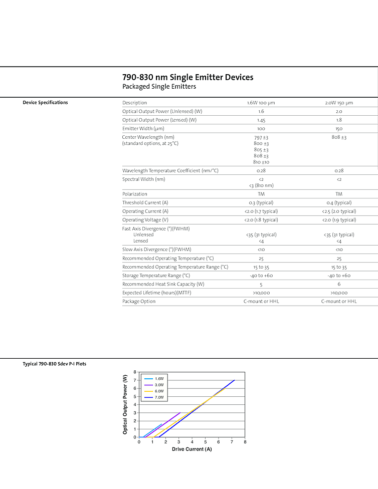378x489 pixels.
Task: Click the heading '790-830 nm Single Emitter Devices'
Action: click(187, 77)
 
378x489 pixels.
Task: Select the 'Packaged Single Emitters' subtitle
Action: click(159, 87)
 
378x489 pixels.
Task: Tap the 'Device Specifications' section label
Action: click(45, 103)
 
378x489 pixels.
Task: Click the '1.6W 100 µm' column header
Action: click(261, 103)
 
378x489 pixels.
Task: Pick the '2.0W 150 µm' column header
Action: click(339, 103)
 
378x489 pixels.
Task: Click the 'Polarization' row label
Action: click(135, 194)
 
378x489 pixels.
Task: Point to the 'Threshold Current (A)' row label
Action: click(145, 203)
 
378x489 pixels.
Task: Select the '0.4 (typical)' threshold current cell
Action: click(339, 203)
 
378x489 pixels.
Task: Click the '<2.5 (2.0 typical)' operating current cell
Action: click(339, 211)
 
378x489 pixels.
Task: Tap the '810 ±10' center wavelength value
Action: click(261, 162)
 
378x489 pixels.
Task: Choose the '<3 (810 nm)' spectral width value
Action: click(261, 185)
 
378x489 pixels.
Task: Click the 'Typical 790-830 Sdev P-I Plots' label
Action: click(54, 364)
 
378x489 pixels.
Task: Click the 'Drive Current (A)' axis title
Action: click(192, 449)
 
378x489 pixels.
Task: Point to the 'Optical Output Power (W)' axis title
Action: click(125, 404)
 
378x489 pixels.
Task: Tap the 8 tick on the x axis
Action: click(245, 442)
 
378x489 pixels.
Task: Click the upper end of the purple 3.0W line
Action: click(180, 413)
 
